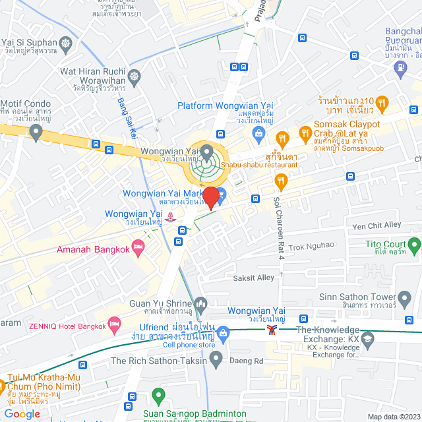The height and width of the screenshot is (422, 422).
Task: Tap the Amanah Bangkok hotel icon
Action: (x=138, y=247)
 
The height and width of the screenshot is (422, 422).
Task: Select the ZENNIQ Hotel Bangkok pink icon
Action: (x=115, y=324)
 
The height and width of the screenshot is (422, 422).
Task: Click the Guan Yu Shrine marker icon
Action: (x=201, y=303)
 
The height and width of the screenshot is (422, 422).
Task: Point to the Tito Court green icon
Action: (x=414, y=247)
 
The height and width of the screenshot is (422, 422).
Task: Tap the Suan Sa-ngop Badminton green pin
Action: (x=158, y=396)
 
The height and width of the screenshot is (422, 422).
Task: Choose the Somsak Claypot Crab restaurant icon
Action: (x=305, y=133)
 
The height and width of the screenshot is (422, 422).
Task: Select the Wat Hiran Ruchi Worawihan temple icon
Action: (x=135, y=76)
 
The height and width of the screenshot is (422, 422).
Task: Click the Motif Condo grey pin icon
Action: (x=36, y=133)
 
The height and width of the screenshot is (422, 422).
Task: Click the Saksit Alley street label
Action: (x=254, y=278)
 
